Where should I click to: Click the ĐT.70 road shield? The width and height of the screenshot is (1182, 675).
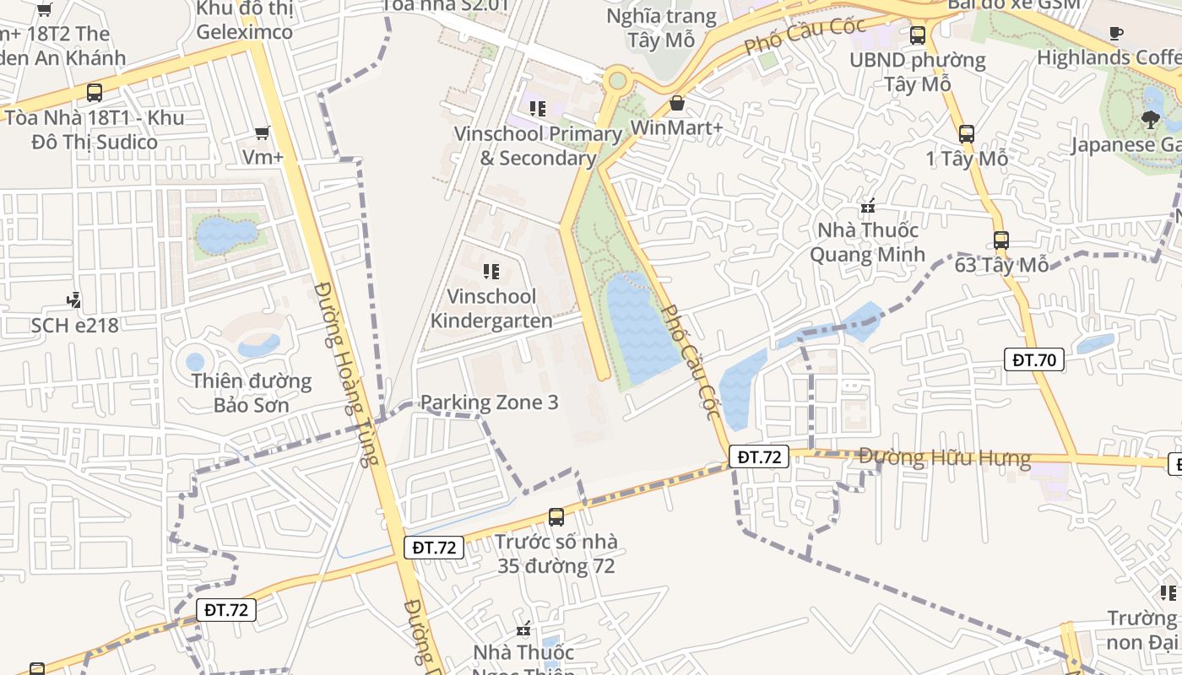tap(1034, 360)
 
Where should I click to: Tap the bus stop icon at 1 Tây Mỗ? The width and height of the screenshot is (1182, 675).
tap(967, 133)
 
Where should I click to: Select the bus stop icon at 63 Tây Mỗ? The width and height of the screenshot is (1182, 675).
tap(1000, 240)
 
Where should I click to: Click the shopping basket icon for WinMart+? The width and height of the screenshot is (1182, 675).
tap(676, 103)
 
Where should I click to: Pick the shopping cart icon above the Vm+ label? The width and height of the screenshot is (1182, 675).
tap(263, 132)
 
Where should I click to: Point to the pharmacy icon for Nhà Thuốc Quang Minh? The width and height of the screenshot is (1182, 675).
tap(867, 205)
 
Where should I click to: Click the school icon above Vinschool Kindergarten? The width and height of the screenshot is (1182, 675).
tap(491, 271)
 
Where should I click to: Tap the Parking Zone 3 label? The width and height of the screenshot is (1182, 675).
tap(489, 402)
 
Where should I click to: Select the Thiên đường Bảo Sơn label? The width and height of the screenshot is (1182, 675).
tap(251, 393)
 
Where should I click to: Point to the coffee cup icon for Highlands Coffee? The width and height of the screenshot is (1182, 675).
tap(1115, 33)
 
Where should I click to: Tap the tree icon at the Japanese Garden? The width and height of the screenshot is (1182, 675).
tap(1149, 120)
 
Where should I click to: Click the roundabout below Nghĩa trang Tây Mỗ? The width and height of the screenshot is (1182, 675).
tap(617, 81)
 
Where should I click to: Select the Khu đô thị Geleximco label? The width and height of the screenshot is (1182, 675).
tap(244, 20)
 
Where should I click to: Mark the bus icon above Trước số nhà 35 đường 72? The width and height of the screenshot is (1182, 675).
tap(556, 516)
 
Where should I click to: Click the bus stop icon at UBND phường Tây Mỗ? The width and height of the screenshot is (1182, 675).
tap(917, 35)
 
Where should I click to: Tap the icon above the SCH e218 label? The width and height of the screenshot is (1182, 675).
tap(74, 300)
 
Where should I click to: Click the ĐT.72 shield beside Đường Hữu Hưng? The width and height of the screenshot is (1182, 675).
tap(758, 457)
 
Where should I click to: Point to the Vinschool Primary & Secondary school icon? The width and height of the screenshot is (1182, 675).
tap(537, 108)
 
